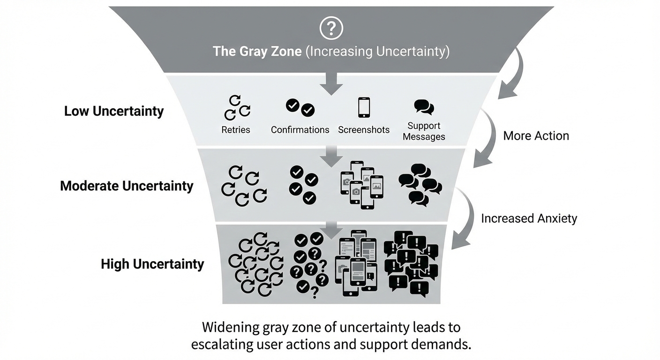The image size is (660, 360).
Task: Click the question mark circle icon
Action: coord(331,28)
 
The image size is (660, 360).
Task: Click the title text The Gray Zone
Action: coord(257,51)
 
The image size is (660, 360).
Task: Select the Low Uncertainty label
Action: coord(114,112)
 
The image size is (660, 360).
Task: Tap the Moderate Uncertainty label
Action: coord(127,186)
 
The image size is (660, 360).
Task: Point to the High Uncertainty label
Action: coord(152,264)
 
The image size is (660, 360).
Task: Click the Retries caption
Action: coord(236,130)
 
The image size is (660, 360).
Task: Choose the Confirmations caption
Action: coord(300,130)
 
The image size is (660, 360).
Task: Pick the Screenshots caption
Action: coord(364,130)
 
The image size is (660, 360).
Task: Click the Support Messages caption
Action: coord(424,131)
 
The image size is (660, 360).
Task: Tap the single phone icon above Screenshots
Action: coord(364,107)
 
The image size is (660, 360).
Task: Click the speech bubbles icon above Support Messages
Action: coord(424,107)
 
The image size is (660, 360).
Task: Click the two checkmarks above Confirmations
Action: coord(300,107)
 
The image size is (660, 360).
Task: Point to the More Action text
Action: coord(536,136)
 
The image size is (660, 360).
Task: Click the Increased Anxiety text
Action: coord(529,218)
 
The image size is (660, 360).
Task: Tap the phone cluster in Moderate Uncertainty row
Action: coord(361,185)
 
